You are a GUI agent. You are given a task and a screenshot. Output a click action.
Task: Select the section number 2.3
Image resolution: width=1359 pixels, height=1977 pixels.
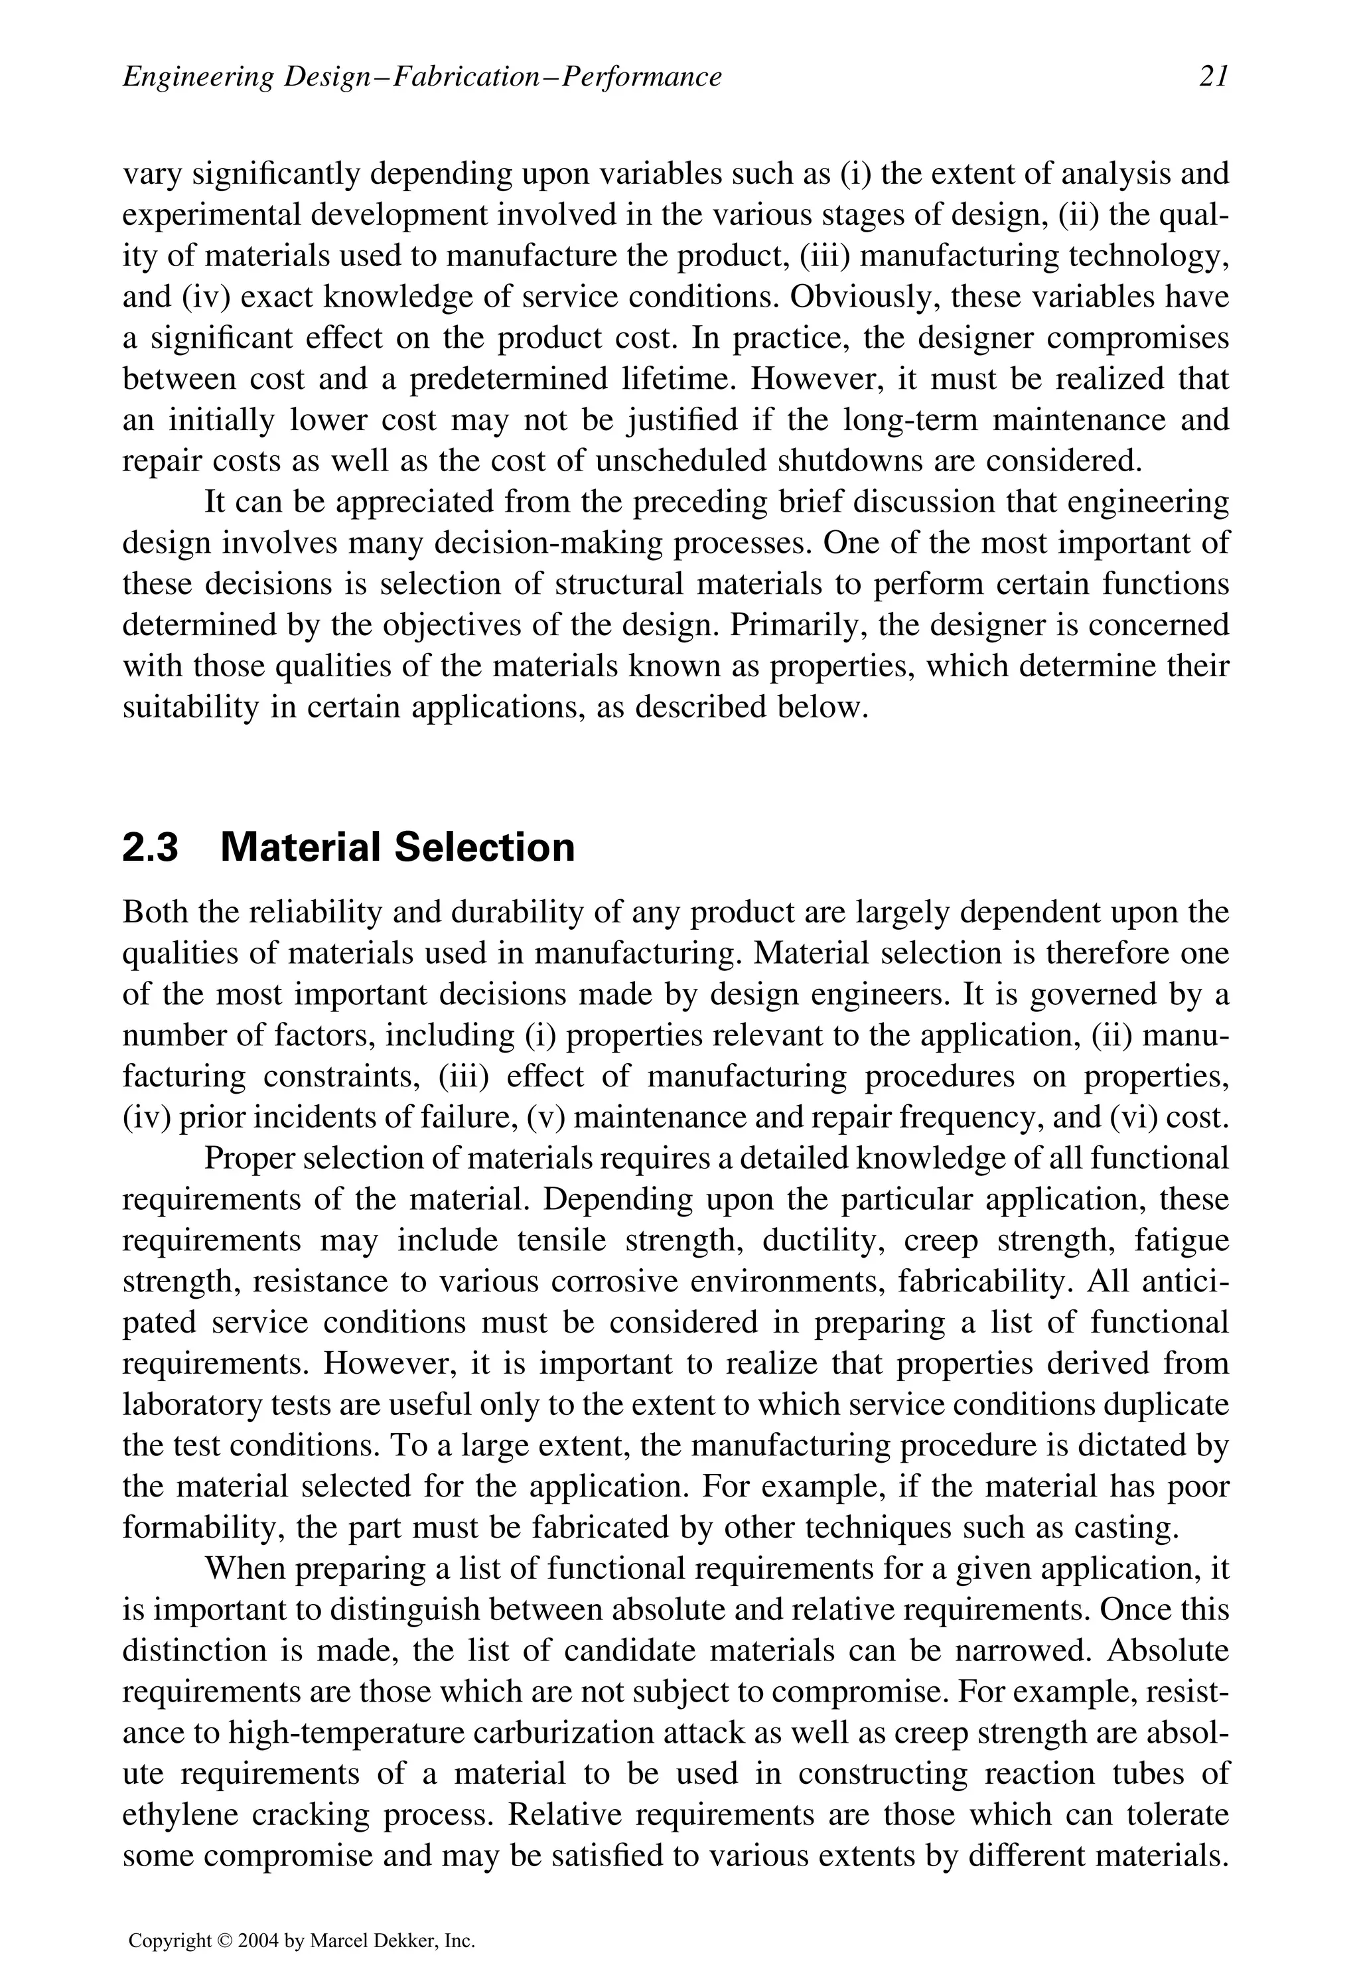coord(151,848)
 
